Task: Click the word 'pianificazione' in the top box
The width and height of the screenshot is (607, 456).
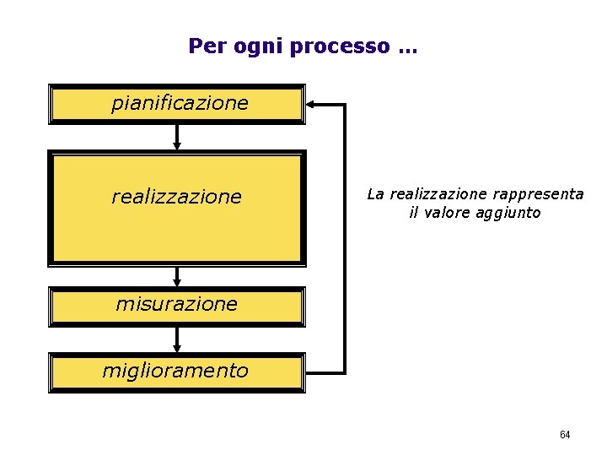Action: coord(180,104)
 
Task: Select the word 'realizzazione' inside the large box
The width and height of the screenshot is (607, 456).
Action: coord(176,198)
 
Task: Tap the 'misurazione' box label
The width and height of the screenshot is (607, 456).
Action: coord(177,304)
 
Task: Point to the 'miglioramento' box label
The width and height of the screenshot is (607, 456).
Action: coord(175,371)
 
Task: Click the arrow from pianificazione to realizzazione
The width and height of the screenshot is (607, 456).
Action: coord(177,137)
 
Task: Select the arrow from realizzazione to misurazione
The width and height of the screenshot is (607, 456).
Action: coord(177,276)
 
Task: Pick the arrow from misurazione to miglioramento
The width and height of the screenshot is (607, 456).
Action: coord(177,339)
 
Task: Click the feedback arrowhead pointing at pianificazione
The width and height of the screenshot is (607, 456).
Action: coord(311,105)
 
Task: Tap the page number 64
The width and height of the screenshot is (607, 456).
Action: coord(565,435)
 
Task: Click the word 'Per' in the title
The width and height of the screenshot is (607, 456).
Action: coord(203,46)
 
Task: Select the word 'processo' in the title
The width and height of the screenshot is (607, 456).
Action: coord(339,46)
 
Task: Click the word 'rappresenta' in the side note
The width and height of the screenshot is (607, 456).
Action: coord(539,194)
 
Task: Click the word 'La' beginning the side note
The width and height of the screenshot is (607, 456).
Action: coord(375,194)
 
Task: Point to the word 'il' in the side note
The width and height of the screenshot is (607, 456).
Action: coord(413,213)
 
